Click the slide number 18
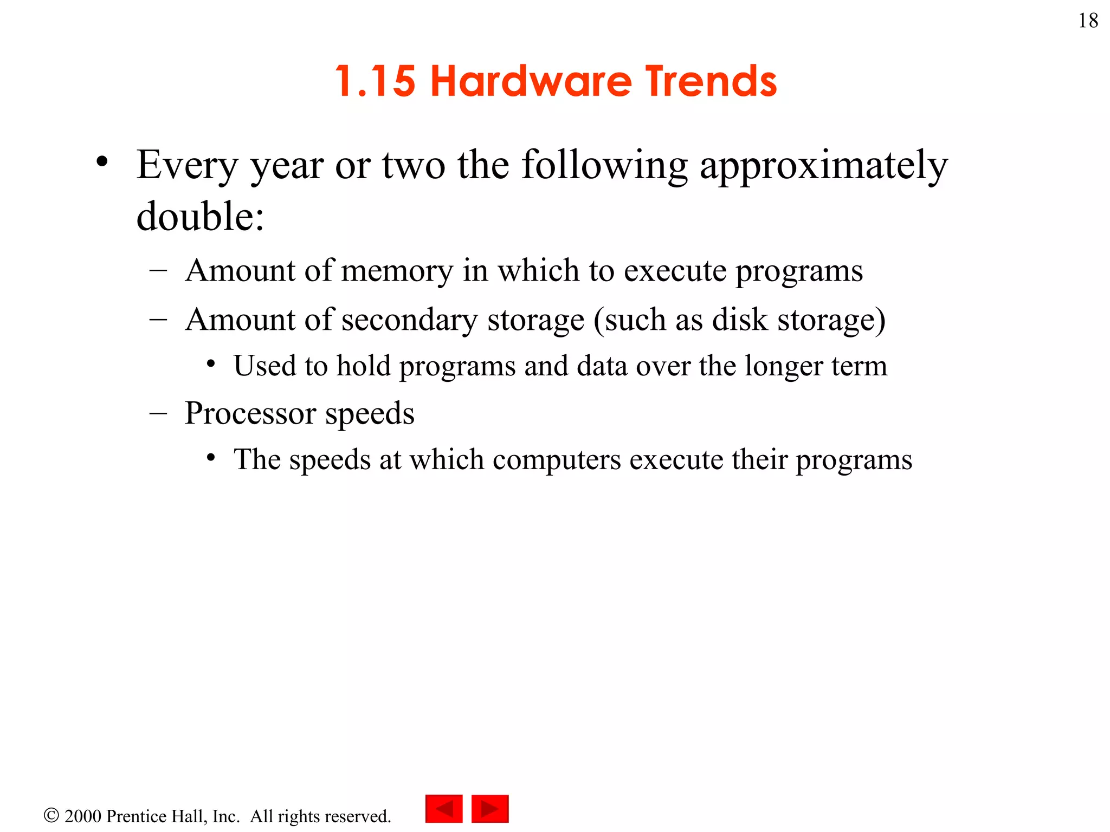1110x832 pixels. click(1088, 21)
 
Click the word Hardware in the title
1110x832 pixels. click(531, 81)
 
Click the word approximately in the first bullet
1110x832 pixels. click(823, 166)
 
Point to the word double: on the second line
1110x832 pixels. click(200, 216)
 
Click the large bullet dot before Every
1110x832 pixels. click(102, 161)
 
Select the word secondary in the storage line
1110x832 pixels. click(409, 320)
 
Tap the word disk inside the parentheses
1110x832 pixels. click(739, 320)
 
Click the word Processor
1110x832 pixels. click(250, 414)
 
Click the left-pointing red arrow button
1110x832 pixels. click(444, 809)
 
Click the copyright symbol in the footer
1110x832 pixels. click(51, 815)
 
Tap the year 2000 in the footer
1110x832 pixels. click(83, 816)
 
